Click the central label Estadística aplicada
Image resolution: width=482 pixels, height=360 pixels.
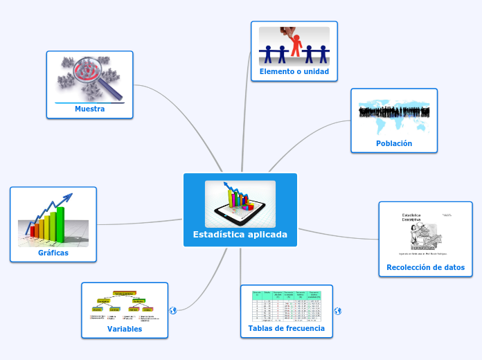(240, 235)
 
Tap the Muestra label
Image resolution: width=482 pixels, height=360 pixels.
(89, 109)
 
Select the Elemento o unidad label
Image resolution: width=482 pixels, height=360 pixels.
(294, 71)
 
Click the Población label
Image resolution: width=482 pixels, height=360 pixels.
(394, 143)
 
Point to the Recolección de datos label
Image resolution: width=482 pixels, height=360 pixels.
(425, 267)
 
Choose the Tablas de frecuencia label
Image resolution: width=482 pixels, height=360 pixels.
(286, 328)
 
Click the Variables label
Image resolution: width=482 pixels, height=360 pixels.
(125, 329)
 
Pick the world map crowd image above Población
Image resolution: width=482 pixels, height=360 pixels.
(393, 115)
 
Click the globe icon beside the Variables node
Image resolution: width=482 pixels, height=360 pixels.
(173, 311)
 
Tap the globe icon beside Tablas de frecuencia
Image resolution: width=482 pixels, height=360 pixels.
(337, 312)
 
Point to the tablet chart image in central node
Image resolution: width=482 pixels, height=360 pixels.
(240, 204)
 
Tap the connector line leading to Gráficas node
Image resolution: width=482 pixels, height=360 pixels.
(139, 223)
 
